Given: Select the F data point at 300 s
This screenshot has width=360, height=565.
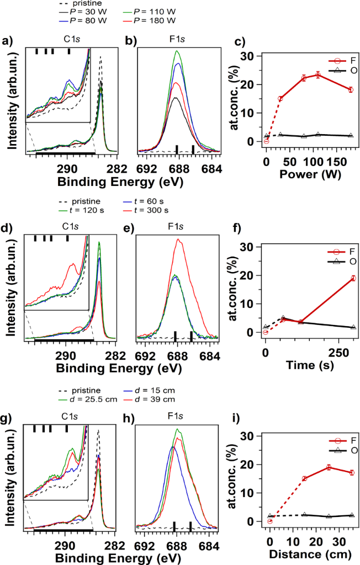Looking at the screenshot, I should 353,278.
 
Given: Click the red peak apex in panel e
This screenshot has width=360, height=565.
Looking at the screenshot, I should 178,239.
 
